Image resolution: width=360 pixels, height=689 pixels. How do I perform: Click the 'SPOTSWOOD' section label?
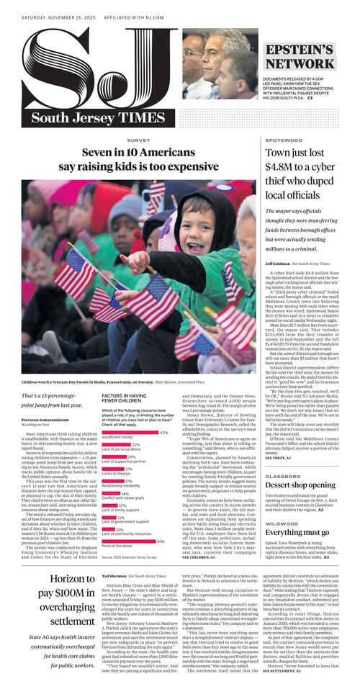coord(283,140)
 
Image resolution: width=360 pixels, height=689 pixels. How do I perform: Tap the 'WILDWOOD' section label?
coord(281,523)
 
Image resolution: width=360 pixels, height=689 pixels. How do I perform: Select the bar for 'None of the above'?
coord(129,541)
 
